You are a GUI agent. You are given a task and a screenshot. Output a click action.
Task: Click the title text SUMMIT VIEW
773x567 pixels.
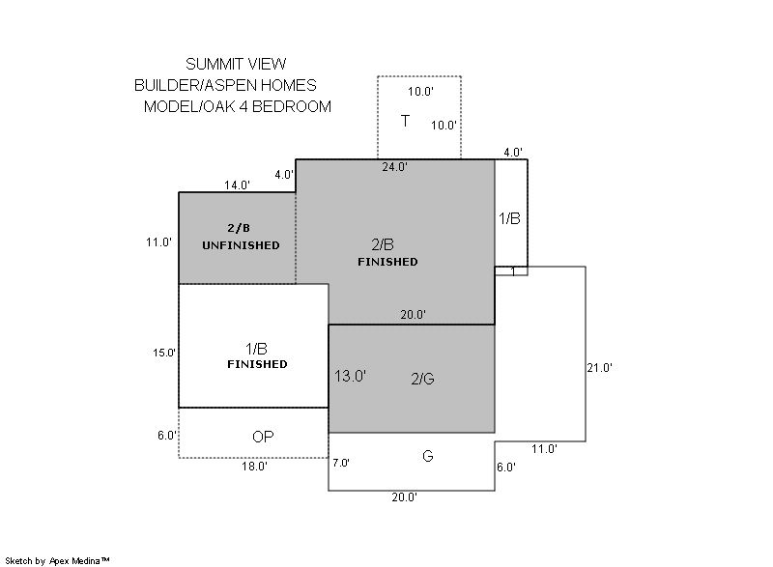click(x=236, y=64)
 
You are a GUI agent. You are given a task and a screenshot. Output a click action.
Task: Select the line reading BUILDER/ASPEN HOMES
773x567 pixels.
click(x=225, y=85)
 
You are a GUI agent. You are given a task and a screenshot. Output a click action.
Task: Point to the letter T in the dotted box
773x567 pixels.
click(x=405, y=121)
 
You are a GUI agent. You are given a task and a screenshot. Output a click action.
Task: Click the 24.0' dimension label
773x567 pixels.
click(x=394, y=167)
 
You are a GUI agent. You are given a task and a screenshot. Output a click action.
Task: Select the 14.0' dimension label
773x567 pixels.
click(x=238, y=184)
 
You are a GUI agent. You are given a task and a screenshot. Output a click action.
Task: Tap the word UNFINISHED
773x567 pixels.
click(x=241, y=245)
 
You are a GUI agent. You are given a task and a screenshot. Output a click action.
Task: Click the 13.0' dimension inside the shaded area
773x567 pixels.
click(x=350, y=377)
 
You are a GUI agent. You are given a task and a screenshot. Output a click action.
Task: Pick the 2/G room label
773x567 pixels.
click(x=422, y=379)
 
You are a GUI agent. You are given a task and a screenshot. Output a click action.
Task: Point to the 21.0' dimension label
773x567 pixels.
click(x=599, y=367)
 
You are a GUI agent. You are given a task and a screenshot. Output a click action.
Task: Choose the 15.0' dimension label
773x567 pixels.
click(x=164, y=353)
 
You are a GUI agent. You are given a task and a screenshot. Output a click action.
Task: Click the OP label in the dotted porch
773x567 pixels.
click(x=263, y=437)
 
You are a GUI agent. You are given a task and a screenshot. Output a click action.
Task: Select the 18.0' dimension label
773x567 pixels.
click(x=254, y=466)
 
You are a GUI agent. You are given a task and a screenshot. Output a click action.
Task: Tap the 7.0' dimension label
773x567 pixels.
click(x=341, y=463)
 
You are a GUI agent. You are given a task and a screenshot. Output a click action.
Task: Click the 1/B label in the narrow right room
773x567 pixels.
click(x=509, y=218)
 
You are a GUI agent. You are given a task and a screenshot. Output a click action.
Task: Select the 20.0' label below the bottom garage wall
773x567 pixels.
click(x=404, y=497)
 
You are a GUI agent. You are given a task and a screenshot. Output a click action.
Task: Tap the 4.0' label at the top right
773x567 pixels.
click(x=513, y=153)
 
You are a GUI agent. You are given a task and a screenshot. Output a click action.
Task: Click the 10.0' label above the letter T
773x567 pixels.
click(x=420, y=92)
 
